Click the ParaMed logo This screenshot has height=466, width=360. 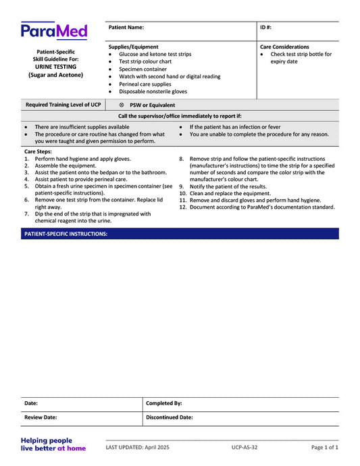click(x=53, y=31)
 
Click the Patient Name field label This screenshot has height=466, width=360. click(x=126, y=28)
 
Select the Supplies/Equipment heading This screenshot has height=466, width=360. click(x=134, y=47)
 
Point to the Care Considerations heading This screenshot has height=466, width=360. click(x=284, y=47)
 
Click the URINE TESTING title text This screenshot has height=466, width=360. click(x=55, y=67)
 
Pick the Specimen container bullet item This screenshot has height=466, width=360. click(x=143, y=69)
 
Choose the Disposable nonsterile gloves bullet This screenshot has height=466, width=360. click(x=153, y=91)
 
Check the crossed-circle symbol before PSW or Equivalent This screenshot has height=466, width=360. click(x=121, y=105)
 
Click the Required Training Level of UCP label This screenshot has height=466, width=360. click(x=63, y=105)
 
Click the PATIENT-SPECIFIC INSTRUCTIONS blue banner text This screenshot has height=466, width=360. click(x=66, y=234)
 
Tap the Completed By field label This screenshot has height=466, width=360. click(x=163, y=403)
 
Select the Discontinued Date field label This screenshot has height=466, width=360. click(x=169, y=417)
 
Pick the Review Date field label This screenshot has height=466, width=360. click(x=41, y=417)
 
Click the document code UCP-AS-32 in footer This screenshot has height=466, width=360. click(x=244, y=447)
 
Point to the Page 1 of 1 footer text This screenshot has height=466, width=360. click(x=325, y=447)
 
